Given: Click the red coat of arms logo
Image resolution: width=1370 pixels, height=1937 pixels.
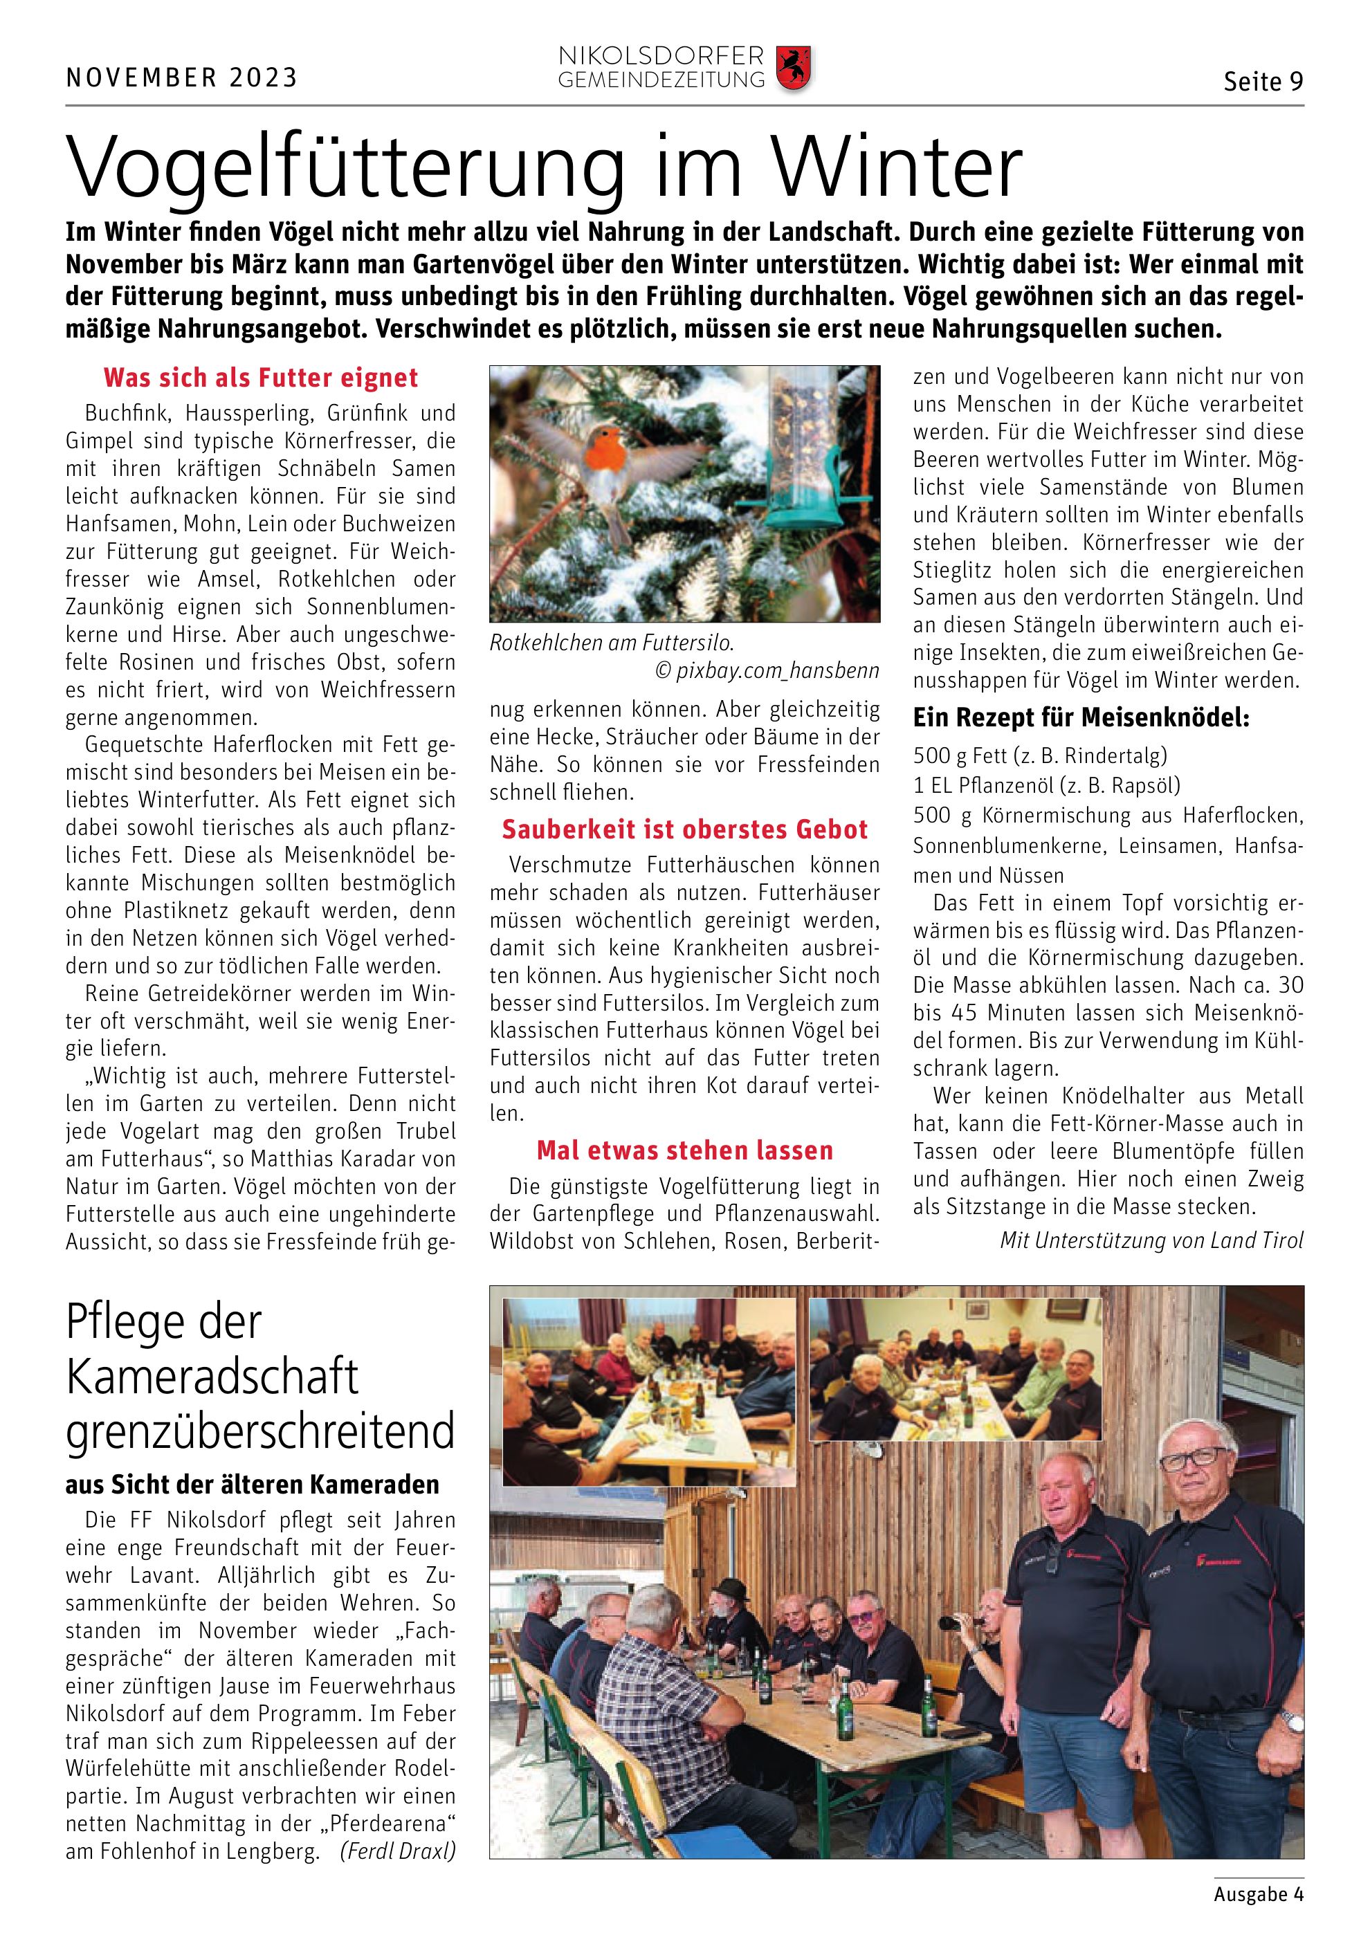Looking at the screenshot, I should coord(793,69).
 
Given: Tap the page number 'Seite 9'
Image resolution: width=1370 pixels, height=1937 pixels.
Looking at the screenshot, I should coord(1263,82).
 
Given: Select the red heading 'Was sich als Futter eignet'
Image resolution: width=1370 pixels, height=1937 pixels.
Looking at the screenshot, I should coord(261,378).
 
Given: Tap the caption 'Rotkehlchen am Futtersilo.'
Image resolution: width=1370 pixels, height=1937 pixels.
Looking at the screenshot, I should coord(612,643).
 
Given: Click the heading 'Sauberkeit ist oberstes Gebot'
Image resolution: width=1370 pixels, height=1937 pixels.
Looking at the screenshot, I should coord(684,829).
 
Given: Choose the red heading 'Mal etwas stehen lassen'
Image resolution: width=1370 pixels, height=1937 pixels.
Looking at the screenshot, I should coord(684,1150).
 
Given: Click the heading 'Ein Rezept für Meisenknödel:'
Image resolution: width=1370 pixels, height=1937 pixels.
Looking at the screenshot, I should coord(1081,718).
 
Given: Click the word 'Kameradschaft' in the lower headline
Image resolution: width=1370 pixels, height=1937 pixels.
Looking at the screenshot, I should coord(212,1377).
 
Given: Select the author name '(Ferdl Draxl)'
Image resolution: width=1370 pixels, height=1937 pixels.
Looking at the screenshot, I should coord(397,1851).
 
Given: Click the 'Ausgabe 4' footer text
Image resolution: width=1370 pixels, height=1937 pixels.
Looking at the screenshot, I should coord(1258,1895).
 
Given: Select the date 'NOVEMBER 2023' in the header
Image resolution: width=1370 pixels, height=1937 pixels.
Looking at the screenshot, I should coord(181,78).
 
